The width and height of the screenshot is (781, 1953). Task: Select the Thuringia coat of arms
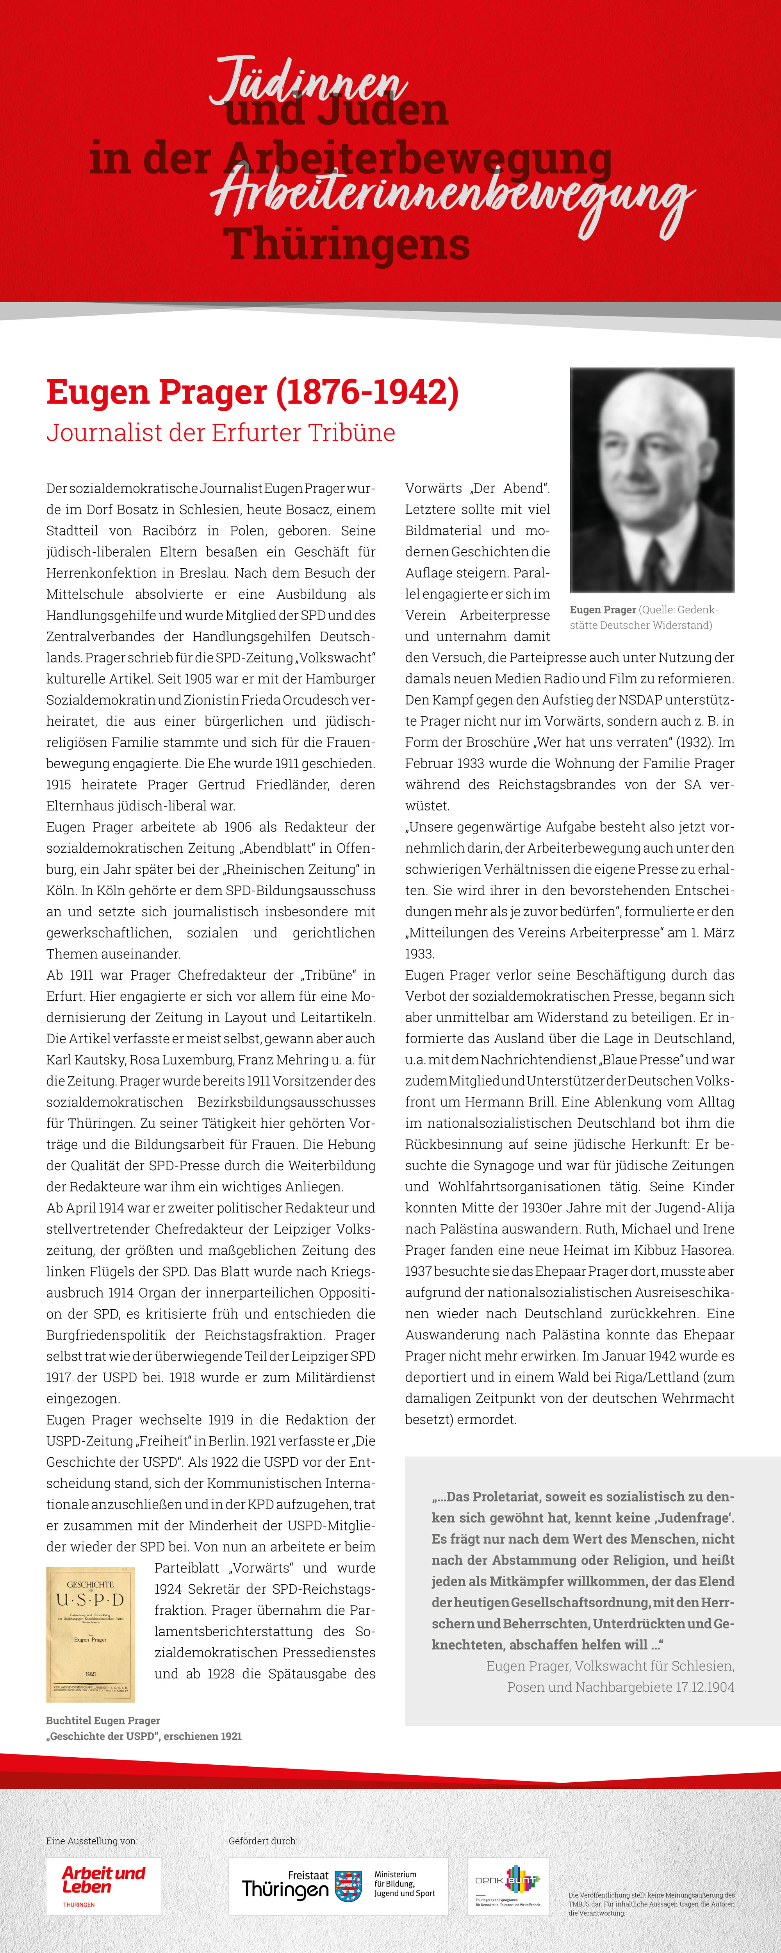348,1885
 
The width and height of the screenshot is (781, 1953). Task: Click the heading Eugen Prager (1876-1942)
253,392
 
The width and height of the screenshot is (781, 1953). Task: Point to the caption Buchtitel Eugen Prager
103,1720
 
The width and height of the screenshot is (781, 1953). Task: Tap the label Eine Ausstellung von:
92,1840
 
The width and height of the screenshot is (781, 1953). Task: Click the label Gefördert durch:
263,1840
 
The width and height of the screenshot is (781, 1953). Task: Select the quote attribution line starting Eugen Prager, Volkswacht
610,1666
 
